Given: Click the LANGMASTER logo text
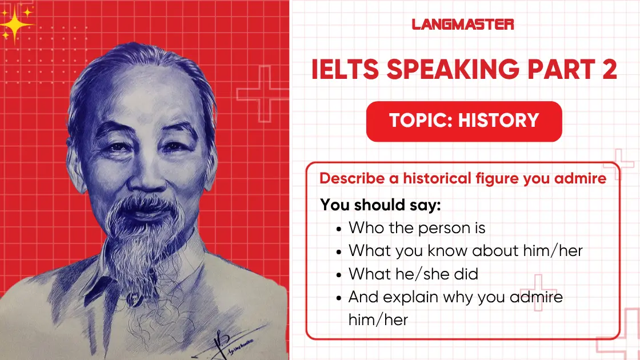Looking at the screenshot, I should (x=463, y=24).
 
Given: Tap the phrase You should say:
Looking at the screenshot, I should (x=381, y=205).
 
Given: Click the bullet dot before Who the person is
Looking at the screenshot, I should (x=339, y=229).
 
